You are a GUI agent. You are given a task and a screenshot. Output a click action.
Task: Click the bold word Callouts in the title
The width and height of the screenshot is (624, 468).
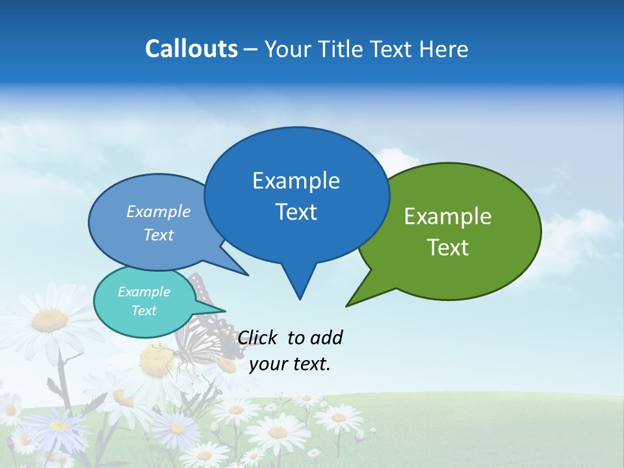pyautogui.click(x=191, y=49)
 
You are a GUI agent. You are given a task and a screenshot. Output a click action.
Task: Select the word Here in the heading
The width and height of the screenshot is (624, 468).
pyautogui.click(x=445, y=49)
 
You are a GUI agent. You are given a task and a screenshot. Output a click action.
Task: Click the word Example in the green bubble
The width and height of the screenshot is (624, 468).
pyautogui.click(x=448, y=216)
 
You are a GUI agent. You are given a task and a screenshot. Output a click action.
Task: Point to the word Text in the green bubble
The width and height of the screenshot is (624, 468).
pyautogui.click(x=448, y=248)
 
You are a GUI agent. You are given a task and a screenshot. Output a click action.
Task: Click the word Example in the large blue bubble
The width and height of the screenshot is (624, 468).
pyautogui.click(x=296, y=181)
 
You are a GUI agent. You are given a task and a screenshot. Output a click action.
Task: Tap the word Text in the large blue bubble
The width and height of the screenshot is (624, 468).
pyautogui.click(x=296, y=212)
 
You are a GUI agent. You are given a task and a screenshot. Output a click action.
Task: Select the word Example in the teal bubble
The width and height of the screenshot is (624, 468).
pyautogui.click(x=144, y=292)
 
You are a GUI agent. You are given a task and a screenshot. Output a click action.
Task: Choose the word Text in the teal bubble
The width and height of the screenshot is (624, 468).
pyautogui.click(x=144, y=311)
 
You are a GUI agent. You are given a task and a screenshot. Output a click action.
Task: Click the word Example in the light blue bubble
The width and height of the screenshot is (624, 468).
pyautogui.click(x=158, y=211)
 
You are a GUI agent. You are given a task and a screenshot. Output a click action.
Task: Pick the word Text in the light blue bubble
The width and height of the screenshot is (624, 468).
pyautogui.click(x=158, y=235)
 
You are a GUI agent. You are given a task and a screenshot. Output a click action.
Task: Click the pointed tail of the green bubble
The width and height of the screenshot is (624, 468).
pyautogui.click(x=348, y=304)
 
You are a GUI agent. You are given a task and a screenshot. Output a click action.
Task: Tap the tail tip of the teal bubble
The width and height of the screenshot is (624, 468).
pyautogui.click(x=224, y=311)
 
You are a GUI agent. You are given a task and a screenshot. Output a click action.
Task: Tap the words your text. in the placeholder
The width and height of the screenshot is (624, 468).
pyautogui.click(x=290, y=364)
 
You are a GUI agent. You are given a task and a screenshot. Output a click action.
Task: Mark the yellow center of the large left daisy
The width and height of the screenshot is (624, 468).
pyautogui.click(x=49, y=320)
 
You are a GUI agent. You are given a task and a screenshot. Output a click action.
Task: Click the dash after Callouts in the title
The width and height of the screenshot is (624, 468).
pyautogui.click(x=251, y=49)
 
